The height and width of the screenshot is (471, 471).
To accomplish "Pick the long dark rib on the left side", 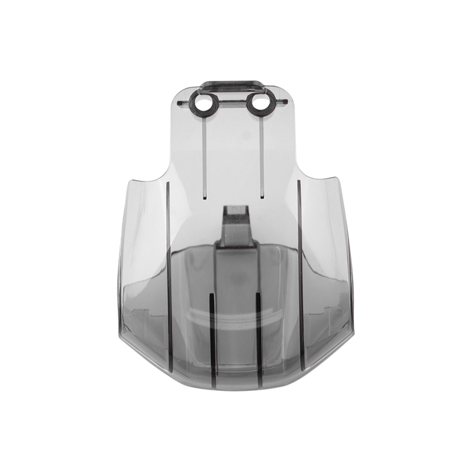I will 168,277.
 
